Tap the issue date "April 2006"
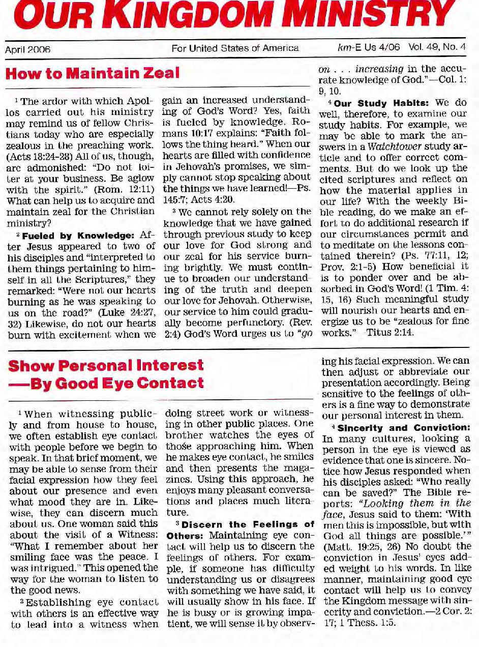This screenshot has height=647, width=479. [27, 50]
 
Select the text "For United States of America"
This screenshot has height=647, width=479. [235, 49]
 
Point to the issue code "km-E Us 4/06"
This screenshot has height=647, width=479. [369, 48]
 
